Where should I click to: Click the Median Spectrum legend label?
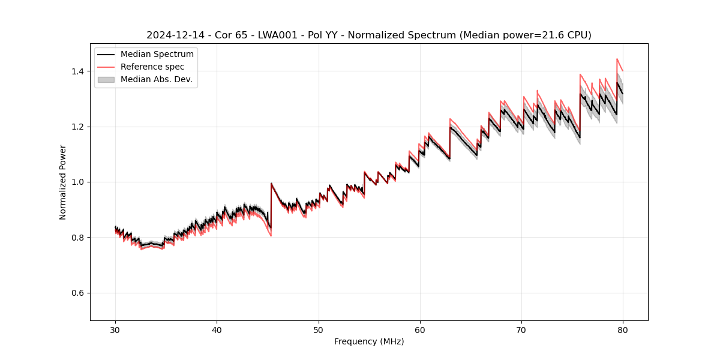[157, 55]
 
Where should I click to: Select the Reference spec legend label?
[152, 67]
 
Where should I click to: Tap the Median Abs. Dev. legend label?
[156, 79]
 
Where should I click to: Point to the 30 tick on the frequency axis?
[116, 329]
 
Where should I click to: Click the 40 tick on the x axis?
[217, 329]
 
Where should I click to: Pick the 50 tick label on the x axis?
[319, 329]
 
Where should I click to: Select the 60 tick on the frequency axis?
[420, 329]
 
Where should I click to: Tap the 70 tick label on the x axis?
[521, 329]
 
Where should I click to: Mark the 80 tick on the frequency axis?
[623, 329]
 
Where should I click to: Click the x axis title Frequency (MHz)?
[369, 341]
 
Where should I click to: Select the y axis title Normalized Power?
[63, 182]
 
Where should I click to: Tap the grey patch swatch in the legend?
[106, 79]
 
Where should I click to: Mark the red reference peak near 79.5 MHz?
[617, 59]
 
